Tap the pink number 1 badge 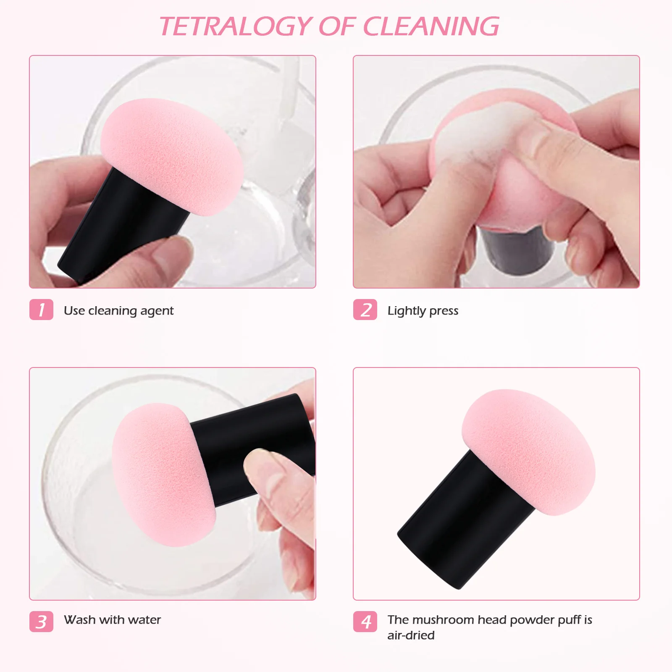coord(41,310)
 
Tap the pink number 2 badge coord(365,310)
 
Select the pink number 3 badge coord(41,622)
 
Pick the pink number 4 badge coord(365,622)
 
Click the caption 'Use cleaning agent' coord(118,311)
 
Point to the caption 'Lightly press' coord(423,311)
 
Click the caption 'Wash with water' coord(112,620)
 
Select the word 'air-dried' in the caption coord(411,635)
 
